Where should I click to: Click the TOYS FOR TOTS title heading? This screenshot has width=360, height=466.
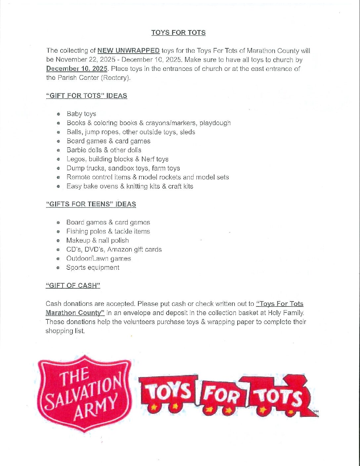[178, 33]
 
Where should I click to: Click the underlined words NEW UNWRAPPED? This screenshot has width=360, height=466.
[128, 51]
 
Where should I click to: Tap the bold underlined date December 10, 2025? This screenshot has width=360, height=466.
[77, 69]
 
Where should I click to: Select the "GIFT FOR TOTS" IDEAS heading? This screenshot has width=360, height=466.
[86, 96]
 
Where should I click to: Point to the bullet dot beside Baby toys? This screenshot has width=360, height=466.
[59, 114]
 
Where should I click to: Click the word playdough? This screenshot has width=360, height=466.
[215, 123]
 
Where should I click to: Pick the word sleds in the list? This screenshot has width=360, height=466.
[187, 132]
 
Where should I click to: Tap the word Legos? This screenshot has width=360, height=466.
[76, 159]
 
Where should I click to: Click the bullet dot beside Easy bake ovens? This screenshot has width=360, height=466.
[59, 186]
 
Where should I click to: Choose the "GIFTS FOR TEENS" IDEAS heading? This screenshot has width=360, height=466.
[91, 204]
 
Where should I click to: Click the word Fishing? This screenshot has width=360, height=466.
[76, 231]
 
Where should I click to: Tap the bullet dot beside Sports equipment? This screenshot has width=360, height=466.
[58, 268]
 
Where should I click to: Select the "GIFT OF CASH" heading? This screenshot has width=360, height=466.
[73, 286]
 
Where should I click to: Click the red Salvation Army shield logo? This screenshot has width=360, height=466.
[84, 393]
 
